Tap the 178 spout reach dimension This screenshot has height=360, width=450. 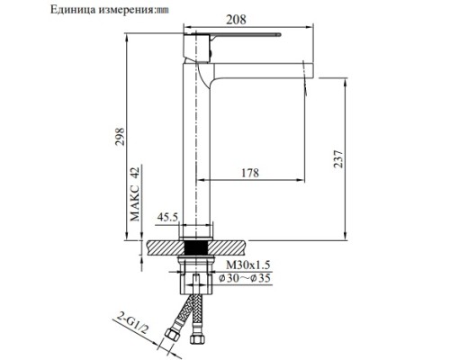tap(255, 175)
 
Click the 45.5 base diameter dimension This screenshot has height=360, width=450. tap(167, 216)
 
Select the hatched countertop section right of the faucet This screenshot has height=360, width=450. tap(232, 243)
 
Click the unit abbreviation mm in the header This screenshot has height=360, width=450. tap(162, 10)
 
